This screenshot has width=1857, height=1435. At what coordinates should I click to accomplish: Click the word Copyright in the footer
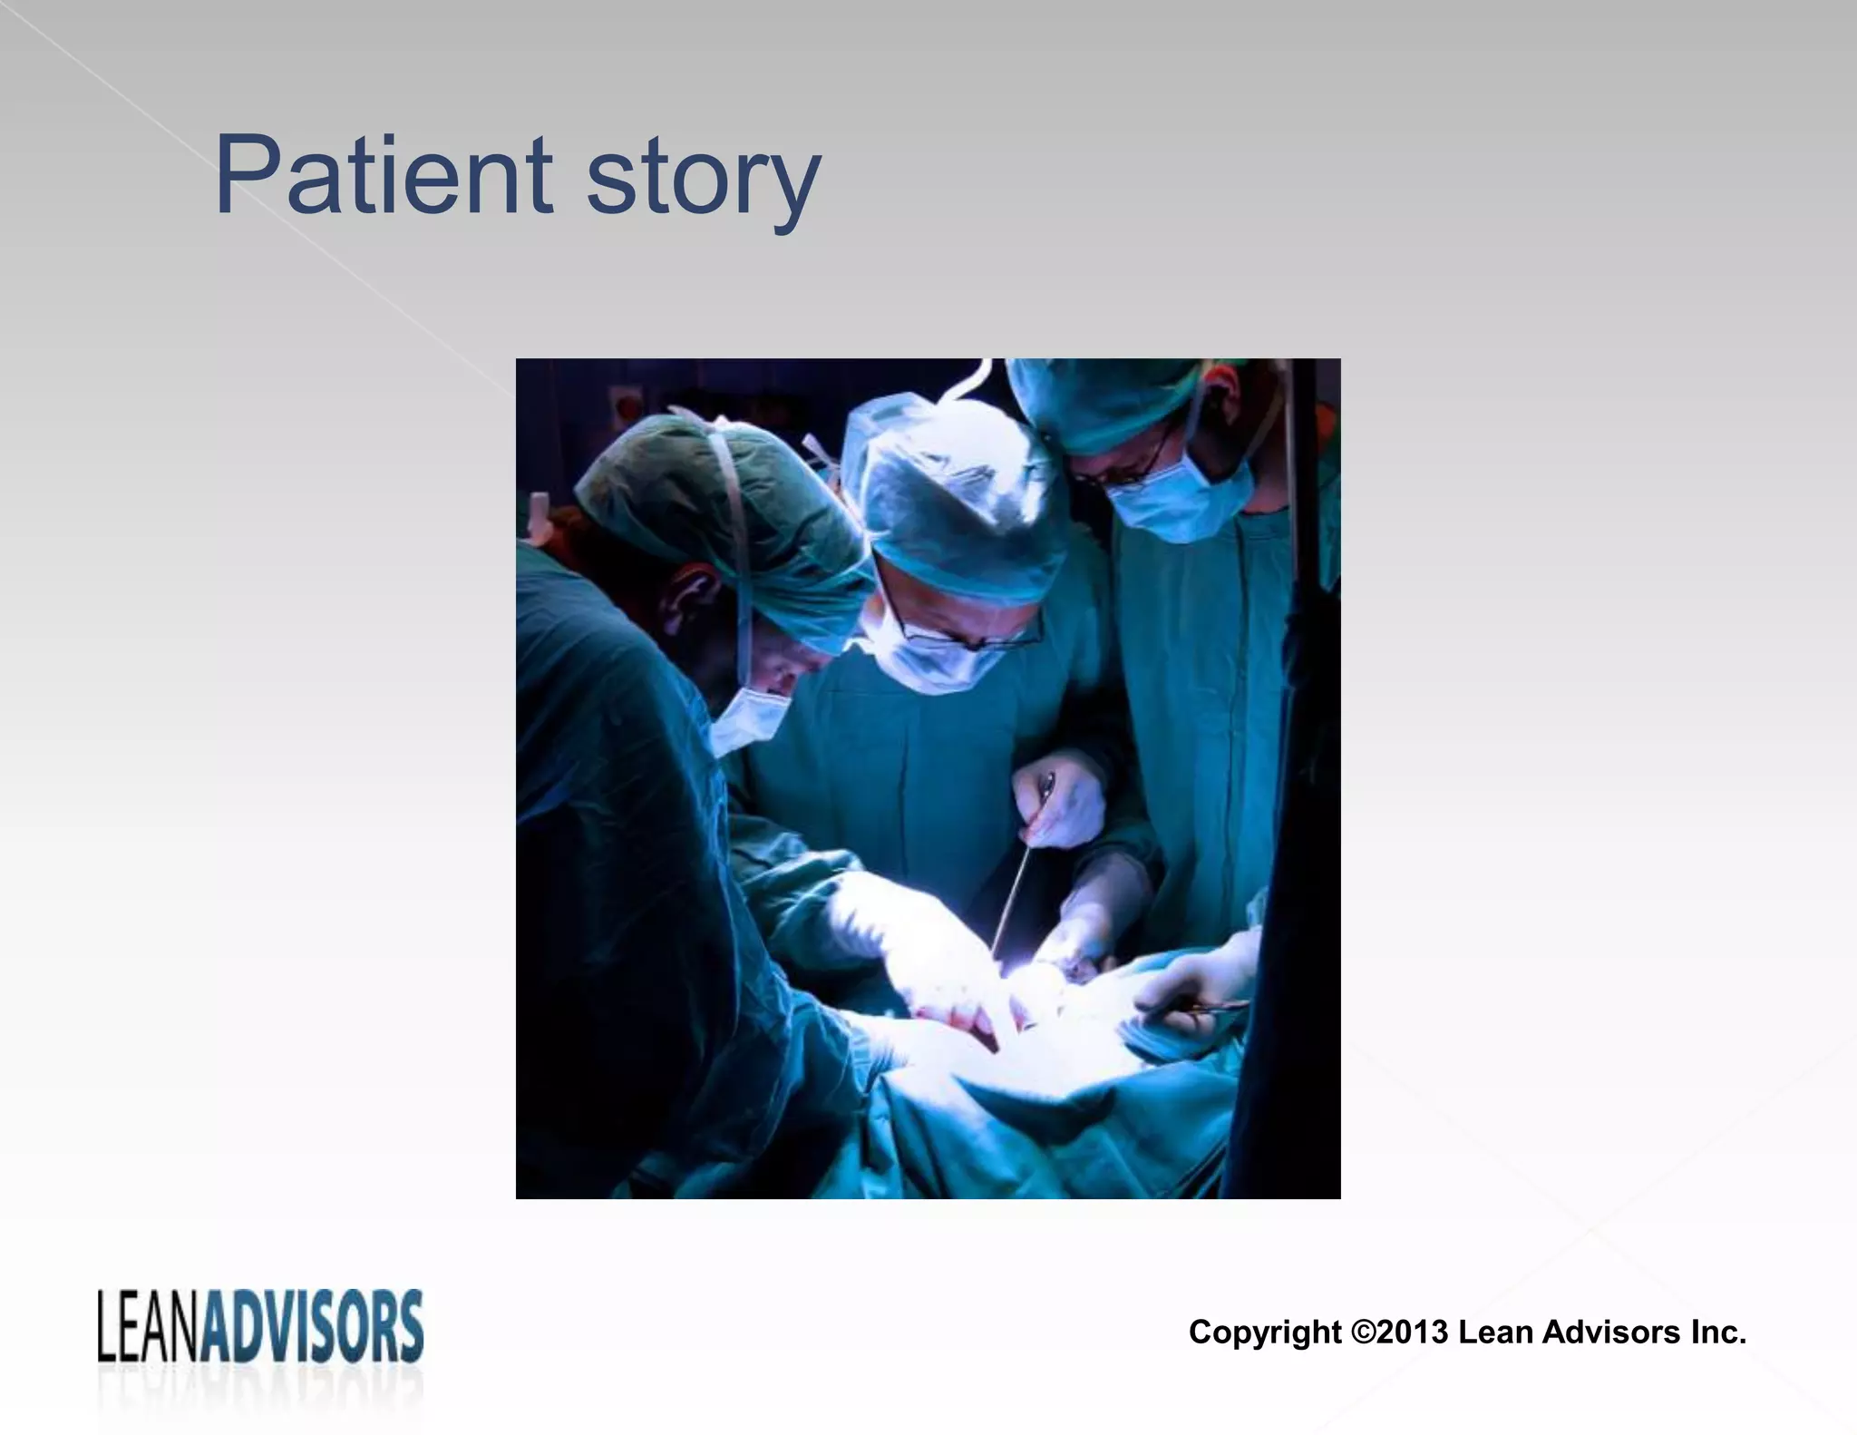(x=1264, y=1332)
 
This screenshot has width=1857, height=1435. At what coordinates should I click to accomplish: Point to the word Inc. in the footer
(x=1716, y=1332)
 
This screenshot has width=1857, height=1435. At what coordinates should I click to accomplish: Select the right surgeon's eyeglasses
(x=1138, y=467)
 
